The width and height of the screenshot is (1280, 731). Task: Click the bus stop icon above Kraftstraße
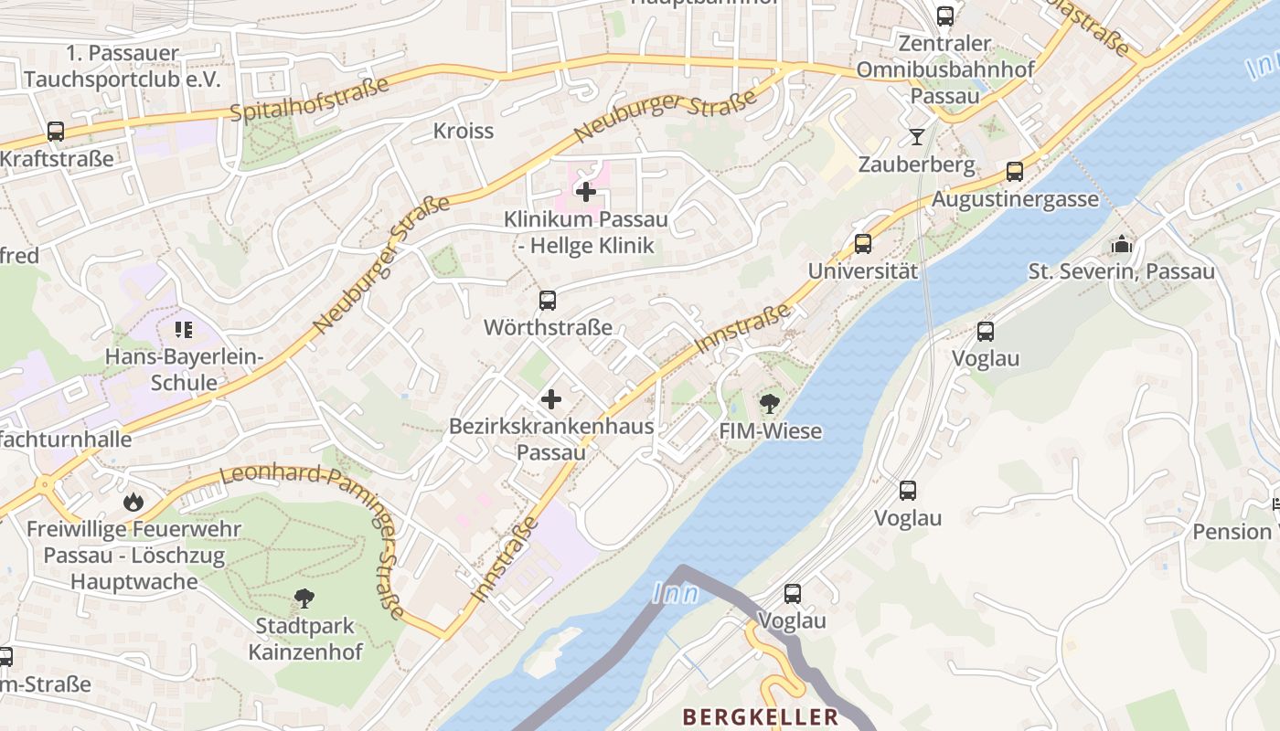pyautogui.click(x=56, y=131)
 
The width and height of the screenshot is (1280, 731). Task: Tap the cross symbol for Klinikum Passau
pyautogui.click(x=586, y=192)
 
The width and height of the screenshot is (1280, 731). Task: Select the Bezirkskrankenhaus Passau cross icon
pyautogui.click(x=551, y=399)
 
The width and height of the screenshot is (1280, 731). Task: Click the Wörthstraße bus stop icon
pyautogui.click(x=548, y=300)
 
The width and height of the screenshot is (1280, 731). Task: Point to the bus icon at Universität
pyautogui.click(x=862, y=244)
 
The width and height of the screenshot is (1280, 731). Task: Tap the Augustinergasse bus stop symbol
pyautogui.click(x=1014, y=172)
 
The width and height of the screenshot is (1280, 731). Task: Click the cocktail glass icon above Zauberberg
pyautogui.click(x=916, y=137)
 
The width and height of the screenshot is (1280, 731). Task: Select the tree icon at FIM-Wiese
pyautogui.click(x=770, y=404)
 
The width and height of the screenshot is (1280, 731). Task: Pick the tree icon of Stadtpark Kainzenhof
pyautogui.click(x=304, y=599)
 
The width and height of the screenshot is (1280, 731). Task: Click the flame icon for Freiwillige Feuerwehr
pyautogui.click(x=133, y=502)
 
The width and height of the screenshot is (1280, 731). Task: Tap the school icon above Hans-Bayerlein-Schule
pyautogui.click(x=184, y=329)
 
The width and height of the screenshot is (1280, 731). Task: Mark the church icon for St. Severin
pyautogui.click(x=1121, y=244)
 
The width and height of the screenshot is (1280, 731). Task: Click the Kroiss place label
pyautogui.click(x=464, y=131)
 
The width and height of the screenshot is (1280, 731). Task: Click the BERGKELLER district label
pyautogui.click(x=760, y=716)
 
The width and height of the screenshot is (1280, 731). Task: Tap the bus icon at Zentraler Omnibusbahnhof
pyautogui.click(x=944, y=16)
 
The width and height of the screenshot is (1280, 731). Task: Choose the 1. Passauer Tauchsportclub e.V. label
pyautogui.click(x=123, y=66)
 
